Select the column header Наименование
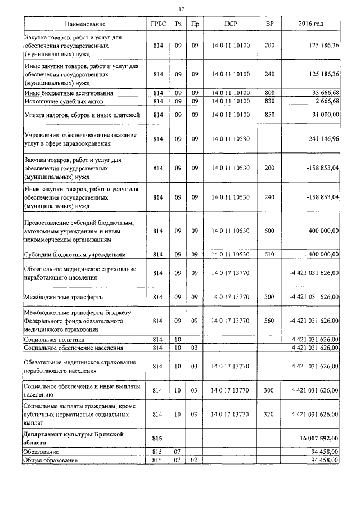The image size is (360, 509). [85, 25]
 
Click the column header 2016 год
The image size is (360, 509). [311, 25]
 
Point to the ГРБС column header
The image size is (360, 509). [157, 25]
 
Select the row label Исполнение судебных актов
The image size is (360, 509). [63, 101]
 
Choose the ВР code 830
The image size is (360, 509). [269, 101]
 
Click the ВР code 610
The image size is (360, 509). [269, 254]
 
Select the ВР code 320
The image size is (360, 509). [269, 414]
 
